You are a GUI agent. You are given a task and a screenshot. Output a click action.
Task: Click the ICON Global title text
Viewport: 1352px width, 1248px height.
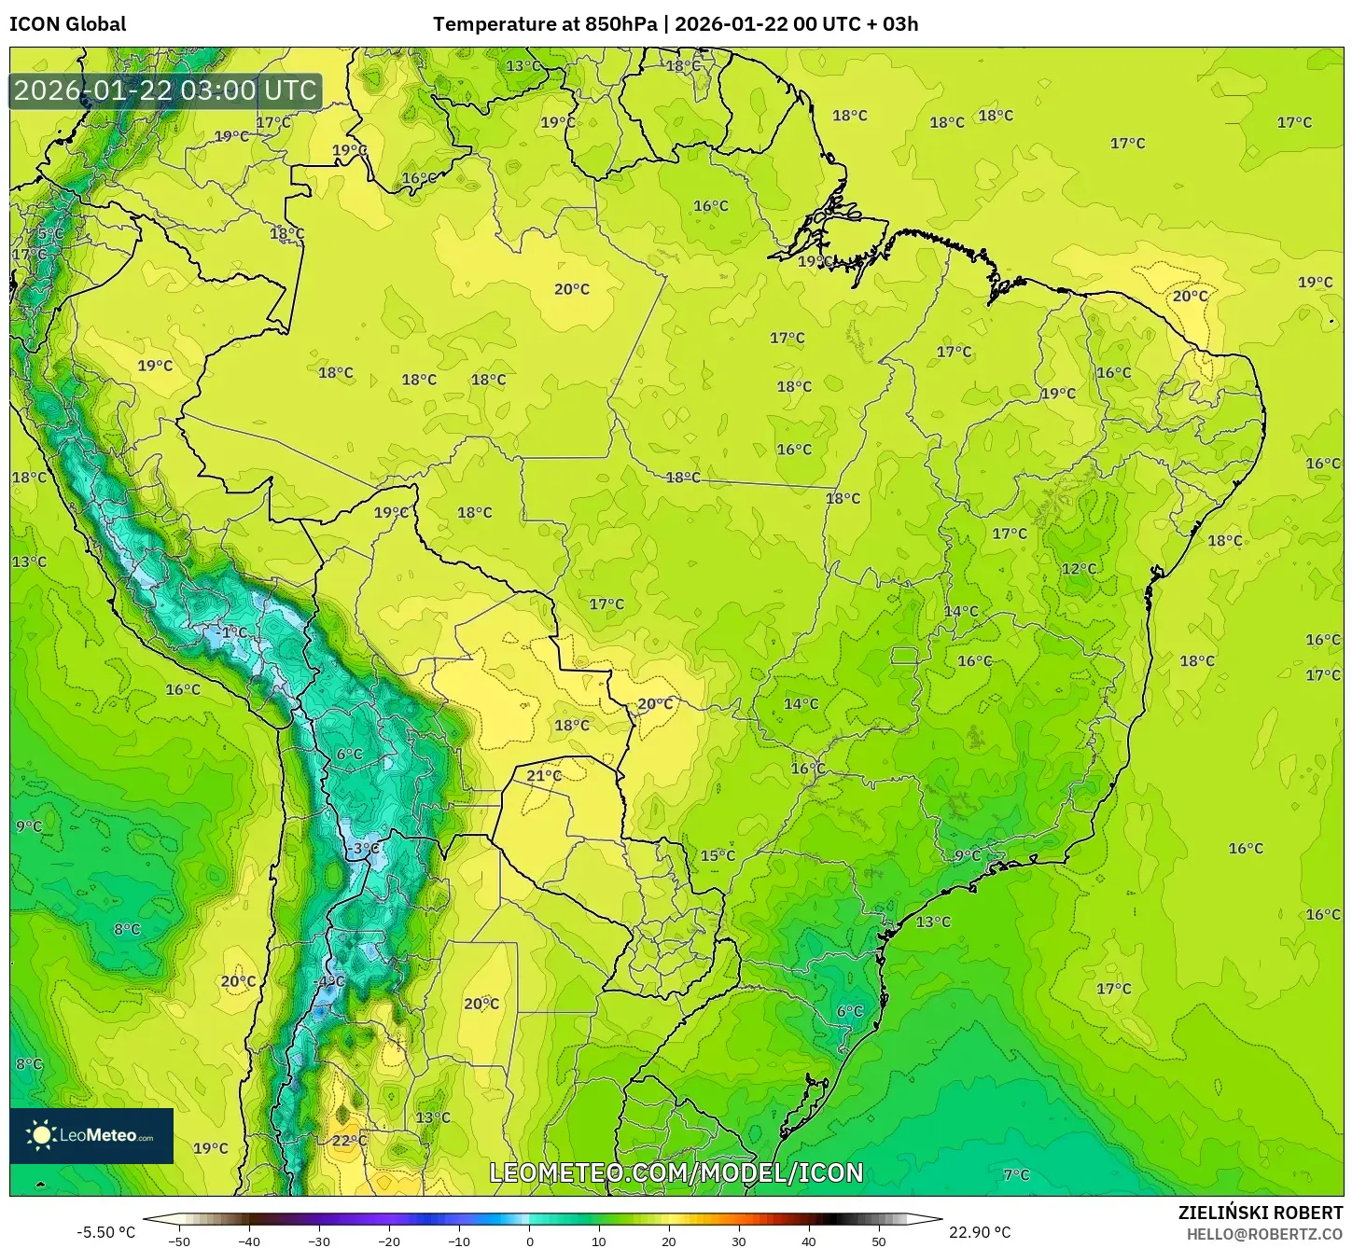67,24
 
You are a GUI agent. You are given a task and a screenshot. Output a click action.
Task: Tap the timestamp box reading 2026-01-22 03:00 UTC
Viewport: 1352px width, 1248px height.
165,90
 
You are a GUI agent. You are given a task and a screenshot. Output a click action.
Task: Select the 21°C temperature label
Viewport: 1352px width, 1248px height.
544,775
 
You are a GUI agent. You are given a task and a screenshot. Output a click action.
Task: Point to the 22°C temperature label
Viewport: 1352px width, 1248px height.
349,1140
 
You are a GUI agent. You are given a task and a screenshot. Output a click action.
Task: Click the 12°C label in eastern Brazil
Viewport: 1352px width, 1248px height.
1079,569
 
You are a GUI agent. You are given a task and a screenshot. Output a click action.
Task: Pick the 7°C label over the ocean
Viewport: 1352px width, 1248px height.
1016,1175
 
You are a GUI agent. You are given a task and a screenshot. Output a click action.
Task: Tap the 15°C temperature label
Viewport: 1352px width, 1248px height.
718,855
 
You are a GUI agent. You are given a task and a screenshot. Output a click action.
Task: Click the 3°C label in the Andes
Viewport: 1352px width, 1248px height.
366,848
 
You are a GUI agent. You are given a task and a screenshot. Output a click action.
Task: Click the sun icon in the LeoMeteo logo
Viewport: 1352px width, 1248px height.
41,1135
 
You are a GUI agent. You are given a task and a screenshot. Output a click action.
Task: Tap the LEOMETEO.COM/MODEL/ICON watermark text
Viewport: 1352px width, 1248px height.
676,1172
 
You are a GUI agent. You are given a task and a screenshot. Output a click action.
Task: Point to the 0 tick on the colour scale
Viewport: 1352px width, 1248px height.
529,1241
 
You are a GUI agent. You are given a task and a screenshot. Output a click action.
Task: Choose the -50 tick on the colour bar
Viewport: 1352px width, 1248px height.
178,1241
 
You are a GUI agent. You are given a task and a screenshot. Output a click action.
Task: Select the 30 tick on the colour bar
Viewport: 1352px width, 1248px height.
739,1241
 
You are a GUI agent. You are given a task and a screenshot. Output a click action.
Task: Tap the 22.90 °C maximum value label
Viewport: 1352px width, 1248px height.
980,1232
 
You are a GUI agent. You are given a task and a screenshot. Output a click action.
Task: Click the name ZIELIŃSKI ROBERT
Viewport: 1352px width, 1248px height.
1260,1213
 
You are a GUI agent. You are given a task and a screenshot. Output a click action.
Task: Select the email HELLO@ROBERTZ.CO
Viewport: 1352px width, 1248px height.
1264,1234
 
